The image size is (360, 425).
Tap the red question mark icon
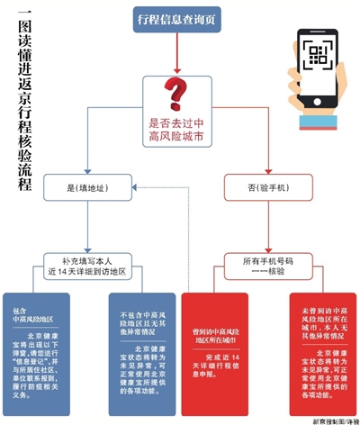click(x=177, y=94)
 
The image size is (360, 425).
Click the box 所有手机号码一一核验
click(x=268, y=264)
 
